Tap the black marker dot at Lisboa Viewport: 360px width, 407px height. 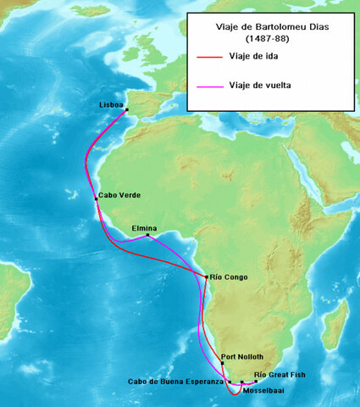(126, 110)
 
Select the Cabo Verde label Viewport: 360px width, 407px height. (119, 195)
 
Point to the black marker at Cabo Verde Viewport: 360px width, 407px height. (96, 198)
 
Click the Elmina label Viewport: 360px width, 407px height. (146, 227)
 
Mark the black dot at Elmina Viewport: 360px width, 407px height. (148, 235)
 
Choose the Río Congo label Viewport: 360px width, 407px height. (229, 276)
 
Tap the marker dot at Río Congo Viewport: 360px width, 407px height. (207, 276)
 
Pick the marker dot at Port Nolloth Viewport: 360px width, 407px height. (222, 363)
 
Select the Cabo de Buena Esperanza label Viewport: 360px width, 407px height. (176, 382)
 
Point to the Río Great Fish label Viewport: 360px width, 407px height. (280, 375)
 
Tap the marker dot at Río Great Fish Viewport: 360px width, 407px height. (256, 382)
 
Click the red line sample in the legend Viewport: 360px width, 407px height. (208, 57)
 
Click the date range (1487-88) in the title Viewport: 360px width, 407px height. (270, 39)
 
